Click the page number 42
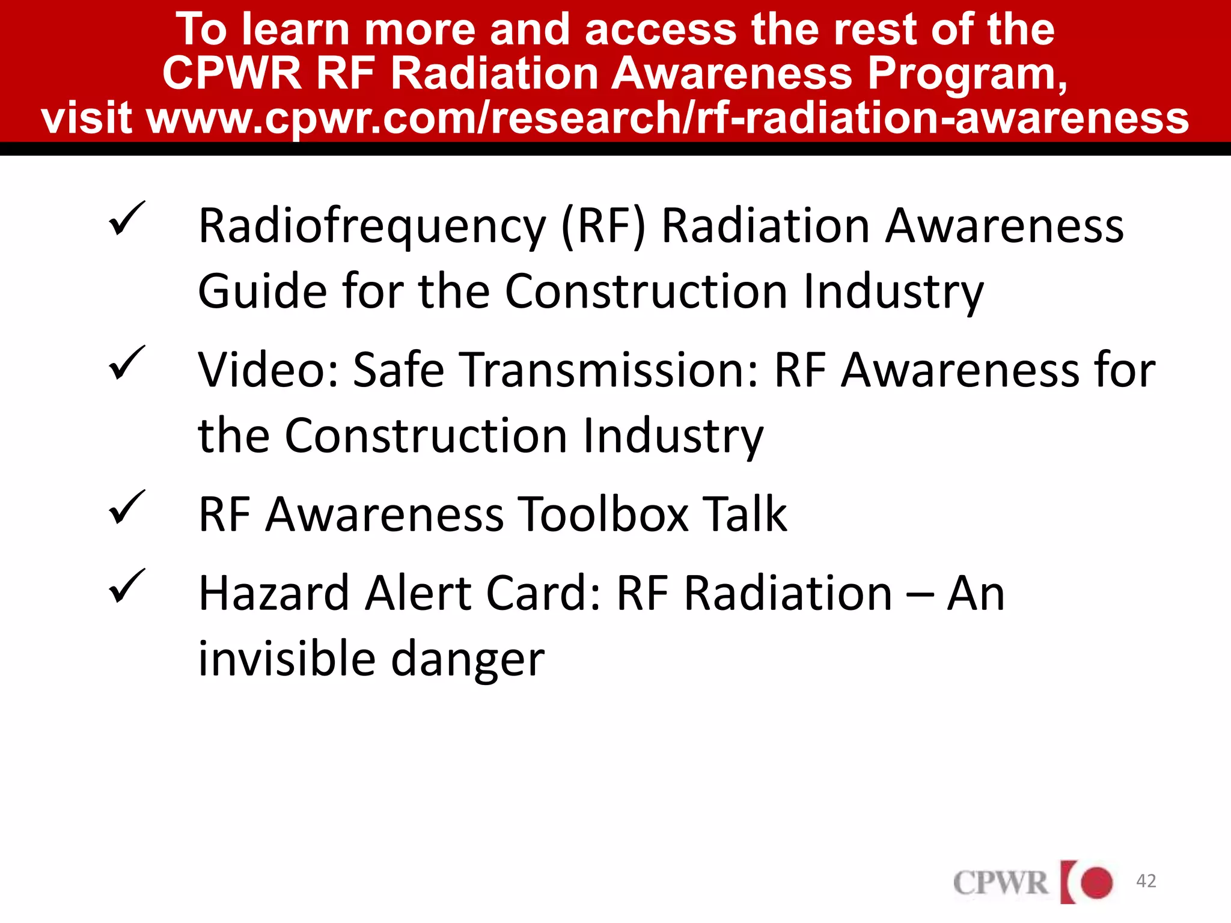point(1146,881)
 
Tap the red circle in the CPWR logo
point(1096,883)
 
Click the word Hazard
point(274,594)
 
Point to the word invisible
point(287,659)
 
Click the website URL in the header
point(667,117)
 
